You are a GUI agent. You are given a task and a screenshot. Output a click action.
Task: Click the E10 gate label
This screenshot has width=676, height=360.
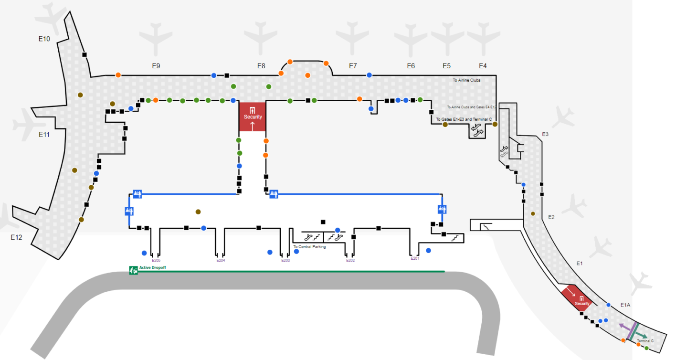tap(44, 39)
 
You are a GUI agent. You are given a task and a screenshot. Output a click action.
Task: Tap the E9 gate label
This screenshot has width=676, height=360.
tap(156, 66)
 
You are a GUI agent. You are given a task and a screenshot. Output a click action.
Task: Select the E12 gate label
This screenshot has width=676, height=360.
tap(17, 237)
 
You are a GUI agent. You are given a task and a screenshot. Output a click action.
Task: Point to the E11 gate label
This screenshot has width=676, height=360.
tap(44, 135)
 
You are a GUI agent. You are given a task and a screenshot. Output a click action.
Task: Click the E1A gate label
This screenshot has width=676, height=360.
tap(626, 305)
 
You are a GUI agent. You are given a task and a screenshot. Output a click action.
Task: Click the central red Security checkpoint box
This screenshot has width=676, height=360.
tap(253, 116)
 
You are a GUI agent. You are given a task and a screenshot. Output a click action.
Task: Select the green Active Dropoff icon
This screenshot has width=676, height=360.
tap(133, 270)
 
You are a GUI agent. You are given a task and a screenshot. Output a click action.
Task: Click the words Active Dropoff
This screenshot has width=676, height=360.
tap(152, 268)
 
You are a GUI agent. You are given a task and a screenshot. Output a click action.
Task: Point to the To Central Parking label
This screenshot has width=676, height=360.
tap(309, 247)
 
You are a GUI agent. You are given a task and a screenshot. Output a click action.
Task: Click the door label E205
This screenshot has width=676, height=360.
tap(156, 260)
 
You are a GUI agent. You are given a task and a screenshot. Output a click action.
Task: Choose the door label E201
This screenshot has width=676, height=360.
tap(415, 258)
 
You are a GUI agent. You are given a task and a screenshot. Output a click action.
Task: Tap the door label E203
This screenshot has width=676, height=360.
tap(285, 260)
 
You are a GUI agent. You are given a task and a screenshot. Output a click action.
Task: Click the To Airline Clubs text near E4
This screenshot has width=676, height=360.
tap(466, 80)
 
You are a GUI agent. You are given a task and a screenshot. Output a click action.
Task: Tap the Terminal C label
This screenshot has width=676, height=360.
tap(645, 341)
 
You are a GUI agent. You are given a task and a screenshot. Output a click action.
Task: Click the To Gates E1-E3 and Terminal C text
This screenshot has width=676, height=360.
tap(464, 119)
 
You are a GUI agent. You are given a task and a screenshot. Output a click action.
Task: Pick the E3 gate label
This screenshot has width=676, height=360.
tap(545, 134)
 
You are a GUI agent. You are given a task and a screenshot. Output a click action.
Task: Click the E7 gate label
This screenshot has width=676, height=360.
tap(353, 66)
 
